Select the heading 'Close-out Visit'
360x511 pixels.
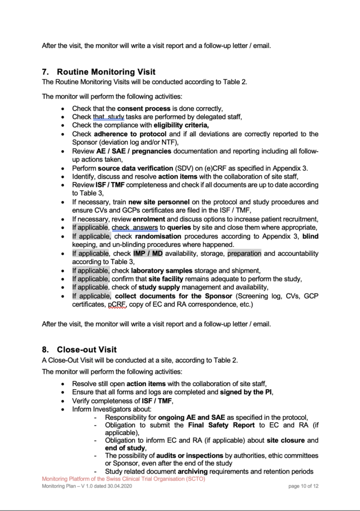[87, 349]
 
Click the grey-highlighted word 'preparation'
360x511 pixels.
[244, 254]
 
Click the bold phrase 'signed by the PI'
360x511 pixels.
[246, 392]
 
